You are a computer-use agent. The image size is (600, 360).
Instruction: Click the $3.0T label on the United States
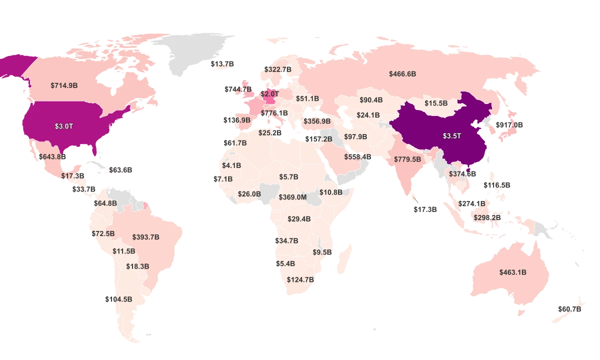click(64, 126)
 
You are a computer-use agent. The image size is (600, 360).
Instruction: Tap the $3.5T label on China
click(451, 136)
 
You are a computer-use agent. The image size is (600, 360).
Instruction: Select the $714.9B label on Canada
click(64, 85)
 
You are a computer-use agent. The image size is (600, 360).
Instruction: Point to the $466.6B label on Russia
click(402, 74)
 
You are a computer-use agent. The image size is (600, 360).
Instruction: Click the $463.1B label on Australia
click(512, 272)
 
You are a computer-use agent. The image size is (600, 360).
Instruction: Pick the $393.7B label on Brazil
click(146, 237)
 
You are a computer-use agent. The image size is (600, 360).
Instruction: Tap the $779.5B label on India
click(407, 159)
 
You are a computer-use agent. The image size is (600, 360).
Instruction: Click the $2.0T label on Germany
click(269, 93)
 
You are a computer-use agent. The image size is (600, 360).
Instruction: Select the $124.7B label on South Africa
click(300, 280)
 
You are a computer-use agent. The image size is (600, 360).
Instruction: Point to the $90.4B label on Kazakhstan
click(371, 100)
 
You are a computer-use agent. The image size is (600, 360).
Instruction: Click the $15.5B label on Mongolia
click(436, 103)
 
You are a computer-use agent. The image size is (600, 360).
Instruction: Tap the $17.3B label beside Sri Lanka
click(425, 209)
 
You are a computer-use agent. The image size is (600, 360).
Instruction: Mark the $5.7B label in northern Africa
click(288, 177)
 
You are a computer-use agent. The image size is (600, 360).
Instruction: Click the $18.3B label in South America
click(137, 266)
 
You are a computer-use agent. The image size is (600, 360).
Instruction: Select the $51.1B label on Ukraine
click(307, 98)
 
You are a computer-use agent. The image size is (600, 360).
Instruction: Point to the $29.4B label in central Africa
click(299, 219)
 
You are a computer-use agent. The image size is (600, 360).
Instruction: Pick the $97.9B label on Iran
click(355, 137)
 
